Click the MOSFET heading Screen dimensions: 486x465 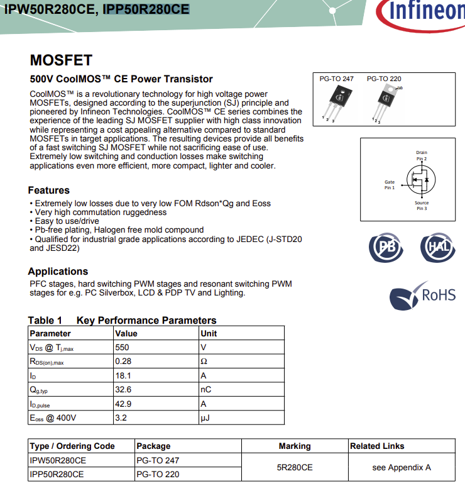point(61,60)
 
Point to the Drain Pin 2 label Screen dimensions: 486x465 point(422,155)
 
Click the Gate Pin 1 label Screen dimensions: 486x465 point(390,185)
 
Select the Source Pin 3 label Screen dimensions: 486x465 point(422,206)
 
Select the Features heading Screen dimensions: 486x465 point(49,190)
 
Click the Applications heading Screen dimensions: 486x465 point(58,272)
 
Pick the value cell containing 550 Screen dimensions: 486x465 point(123,347)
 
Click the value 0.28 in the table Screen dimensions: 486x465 point(123,362)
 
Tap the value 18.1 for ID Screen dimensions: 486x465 point(123,375)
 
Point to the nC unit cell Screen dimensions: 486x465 point(205,390)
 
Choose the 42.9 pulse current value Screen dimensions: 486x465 point(123,404)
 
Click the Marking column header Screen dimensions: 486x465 point(294,446)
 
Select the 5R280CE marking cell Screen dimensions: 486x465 point(294,467)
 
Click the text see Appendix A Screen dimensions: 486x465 point(402,467)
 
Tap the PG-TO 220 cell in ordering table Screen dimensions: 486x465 point(158,474)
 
